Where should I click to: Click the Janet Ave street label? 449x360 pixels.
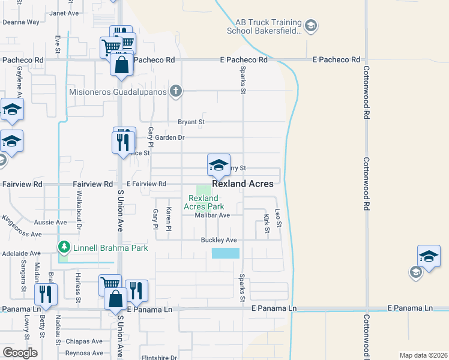pos(64,13)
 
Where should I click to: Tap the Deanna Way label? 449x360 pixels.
pos(21,22)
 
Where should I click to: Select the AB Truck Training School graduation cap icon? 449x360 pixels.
pos(311,26)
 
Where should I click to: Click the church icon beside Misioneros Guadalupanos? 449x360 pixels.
pos(175,92)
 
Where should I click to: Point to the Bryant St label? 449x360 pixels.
pos(191,122)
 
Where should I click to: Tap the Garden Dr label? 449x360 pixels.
pos(169,137)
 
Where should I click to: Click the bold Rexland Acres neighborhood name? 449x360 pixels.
pos(243,184)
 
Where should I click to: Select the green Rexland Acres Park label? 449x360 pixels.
pos(203,202)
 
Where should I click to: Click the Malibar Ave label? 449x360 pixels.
pos(212,215)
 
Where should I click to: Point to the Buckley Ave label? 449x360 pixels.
pos(219,240)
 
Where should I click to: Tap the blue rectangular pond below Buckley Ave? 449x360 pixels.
pos(225,253)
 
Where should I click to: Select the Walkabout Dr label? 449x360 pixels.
pos(78,208)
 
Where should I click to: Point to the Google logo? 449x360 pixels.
pos(20,352)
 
